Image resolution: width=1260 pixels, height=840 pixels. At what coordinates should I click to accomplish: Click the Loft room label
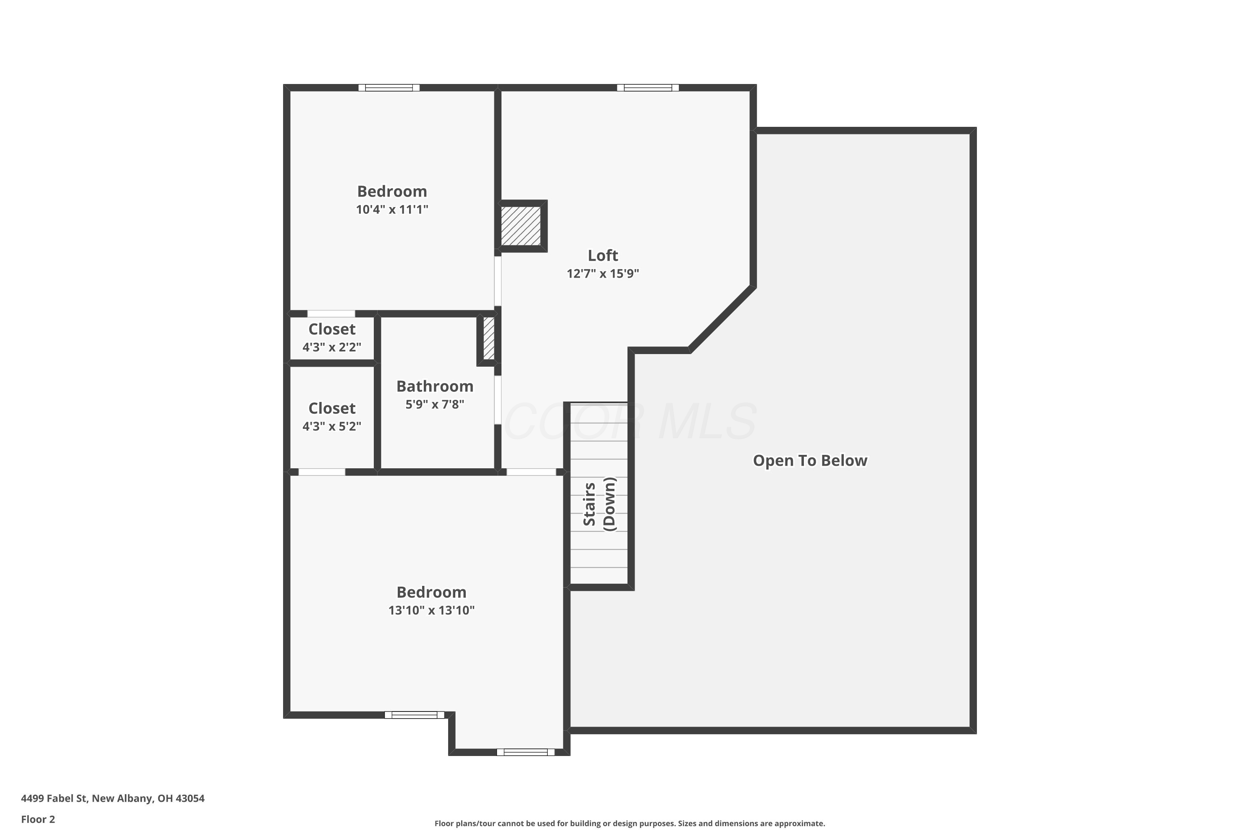[603, 255]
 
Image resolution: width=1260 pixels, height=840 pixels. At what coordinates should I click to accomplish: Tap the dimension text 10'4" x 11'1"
[392, 210]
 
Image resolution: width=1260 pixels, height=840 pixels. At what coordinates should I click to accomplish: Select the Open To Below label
[810, 461]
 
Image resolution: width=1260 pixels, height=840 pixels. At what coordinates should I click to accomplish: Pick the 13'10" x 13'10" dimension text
[432, 610]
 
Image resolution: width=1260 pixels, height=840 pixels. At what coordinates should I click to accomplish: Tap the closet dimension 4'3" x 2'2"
[332, 347]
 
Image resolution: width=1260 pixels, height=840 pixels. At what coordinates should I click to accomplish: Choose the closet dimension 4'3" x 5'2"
[332, 426]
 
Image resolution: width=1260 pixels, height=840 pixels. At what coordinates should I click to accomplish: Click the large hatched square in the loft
[521, 226]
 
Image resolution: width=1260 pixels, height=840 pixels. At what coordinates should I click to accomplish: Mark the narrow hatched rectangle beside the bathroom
[488, 339]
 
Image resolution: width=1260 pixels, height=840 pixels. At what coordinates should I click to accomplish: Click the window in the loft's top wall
[648, 88]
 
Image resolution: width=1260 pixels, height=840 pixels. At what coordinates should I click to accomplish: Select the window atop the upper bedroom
[389, 88]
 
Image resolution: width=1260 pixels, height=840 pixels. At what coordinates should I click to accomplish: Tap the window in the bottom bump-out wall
[525, 752]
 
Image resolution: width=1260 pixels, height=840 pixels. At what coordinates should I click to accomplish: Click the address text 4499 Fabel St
[54, 798]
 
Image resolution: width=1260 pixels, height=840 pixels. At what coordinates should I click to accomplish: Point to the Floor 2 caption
[38, 819]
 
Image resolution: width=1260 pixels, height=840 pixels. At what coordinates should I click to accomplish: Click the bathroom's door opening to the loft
[498, 400]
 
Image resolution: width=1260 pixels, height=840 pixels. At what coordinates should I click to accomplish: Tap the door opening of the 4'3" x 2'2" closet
[331, 314]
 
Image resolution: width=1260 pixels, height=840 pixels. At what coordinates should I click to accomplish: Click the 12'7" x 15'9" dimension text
[603, 274]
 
